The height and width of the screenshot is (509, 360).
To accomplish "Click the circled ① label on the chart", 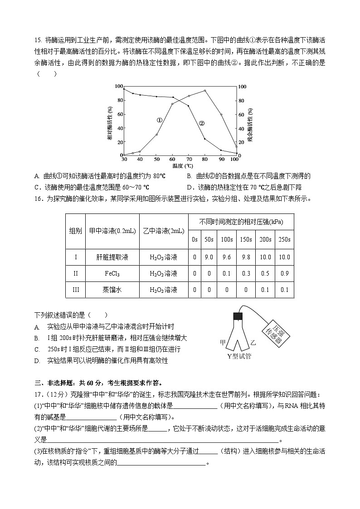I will point(159,121).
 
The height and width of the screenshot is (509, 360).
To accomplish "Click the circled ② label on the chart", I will point(202,123).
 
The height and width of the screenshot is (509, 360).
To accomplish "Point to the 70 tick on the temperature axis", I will point(189,160).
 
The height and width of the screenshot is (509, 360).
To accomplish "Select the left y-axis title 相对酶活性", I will point(110,123).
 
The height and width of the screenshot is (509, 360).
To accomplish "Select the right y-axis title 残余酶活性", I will point(249,123).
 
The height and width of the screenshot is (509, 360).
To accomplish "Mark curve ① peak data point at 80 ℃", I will point(205,91).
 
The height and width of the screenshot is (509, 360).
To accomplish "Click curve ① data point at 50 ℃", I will point(157,135).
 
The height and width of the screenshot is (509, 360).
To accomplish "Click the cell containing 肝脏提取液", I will point(112,257).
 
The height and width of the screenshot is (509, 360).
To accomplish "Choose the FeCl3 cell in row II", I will point(112,273).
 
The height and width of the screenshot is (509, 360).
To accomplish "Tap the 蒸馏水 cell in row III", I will point(112,290).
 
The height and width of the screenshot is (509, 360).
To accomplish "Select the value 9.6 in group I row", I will point(226,257).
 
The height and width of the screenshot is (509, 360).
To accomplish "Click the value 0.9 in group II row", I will point(284,273).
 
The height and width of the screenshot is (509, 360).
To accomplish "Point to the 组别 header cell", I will point(75,231).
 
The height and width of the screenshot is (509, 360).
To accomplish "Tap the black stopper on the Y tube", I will point(238,316).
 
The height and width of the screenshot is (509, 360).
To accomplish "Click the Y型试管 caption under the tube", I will point(239,356).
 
